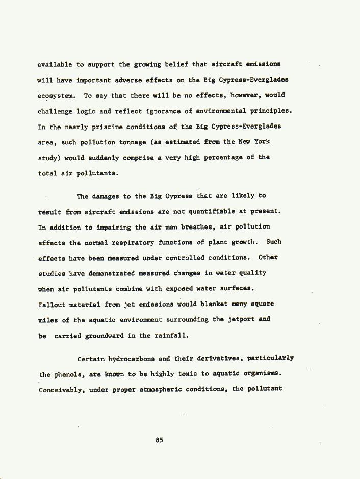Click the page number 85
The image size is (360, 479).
(160, 440)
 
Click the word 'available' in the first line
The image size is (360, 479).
(55, 65)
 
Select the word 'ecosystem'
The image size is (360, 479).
(56, 95)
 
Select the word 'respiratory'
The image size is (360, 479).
(134, 242)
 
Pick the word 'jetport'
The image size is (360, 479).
(242, 319)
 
